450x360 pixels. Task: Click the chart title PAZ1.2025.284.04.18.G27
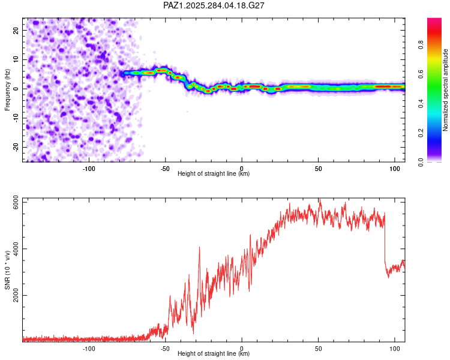click(x=214, y=5)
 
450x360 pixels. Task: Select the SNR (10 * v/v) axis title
click(x=8, y=270)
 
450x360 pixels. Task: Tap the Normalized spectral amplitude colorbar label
click(x=446, y=90)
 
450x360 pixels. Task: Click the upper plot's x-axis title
click(x=214, y=174)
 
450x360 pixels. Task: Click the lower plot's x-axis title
click(x=214, y=354)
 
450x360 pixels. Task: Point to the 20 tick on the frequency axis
click(x=16, y=30)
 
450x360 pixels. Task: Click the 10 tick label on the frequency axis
click(x=16, y=59)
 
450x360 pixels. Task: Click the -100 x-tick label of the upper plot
click(x=89, y=168)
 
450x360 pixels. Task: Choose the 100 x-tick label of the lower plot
click(x=394, y=348)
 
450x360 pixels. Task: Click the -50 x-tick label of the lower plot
click(x=166, y=348)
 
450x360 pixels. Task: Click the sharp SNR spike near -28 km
click(x=199, y=248)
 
